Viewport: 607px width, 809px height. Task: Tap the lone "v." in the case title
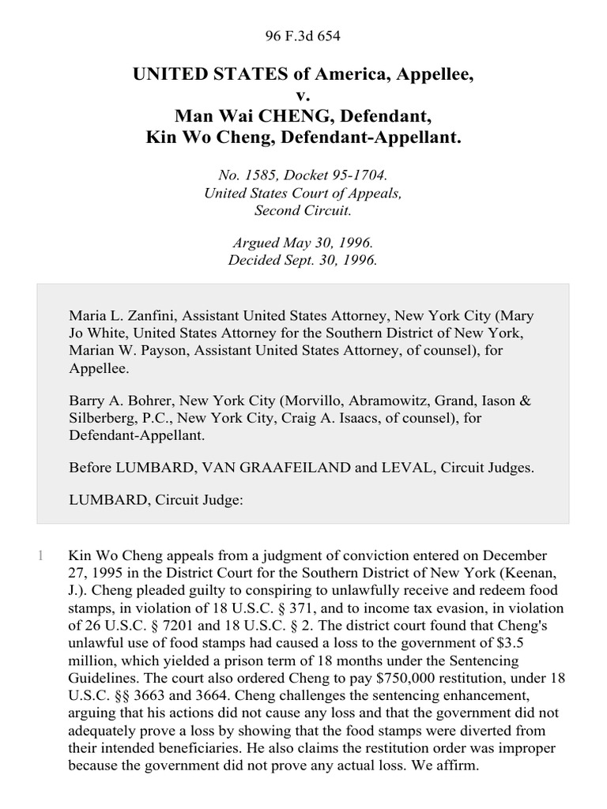point(303,96)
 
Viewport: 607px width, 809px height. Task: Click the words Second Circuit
point(303,210)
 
